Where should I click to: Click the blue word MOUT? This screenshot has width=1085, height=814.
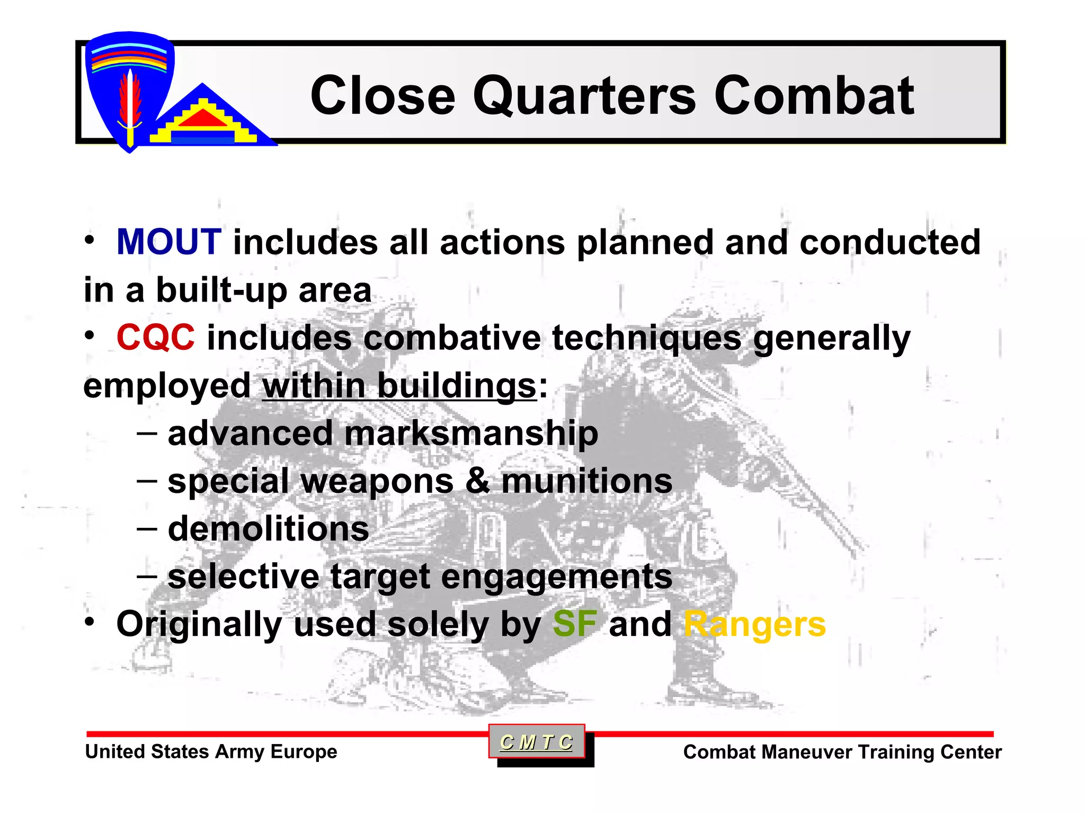click(168, 242)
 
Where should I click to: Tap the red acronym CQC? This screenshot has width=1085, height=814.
click(155, 338)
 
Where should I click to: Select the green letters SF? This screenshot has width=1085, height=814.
click(574, 624)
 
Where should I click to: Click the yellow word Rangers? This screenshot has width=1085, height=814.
click(754, 624)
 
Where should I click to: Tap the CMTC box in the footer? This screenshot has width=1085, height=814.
click(536, 742)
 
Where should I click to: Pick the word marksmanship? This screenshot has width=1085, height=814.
click(472, 433)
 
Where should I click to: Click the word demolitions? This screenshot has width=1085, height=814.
click(268, 529)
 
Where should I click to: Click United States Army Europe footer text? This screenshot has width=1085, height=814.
click(211, 751)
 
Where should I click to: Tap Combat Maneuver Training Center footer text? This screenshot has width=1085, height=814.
click(842, 752)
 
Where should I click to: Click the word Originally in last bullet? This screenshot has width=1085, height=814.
click(199, 624)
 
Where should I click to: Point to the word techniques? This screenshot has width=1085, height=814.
click(646, 338)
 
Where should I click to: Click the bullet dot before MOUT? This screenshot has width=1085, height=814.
click(91, 240)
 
